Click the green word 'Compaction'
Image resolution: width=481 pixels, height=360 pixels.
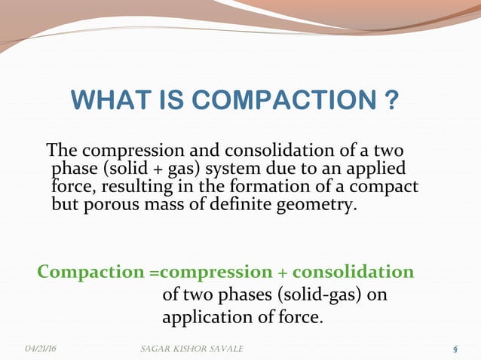pos(85,272)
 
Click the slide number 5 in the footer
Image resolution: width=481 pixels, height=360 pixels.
pos(455,349)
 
